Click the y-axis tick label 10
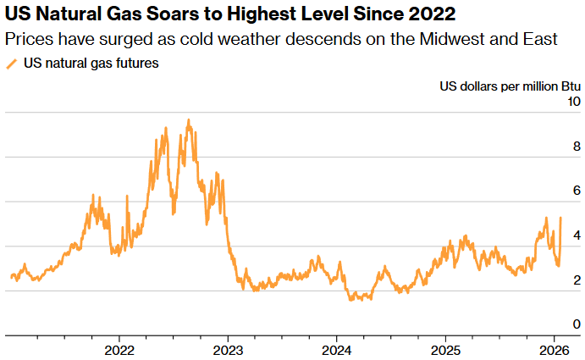[573, 102]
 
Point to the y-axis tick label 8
[577, 146]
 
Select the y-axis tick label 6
[577, 191]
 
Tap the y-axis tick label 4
[577, 235]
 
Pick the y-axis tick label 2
[577, 280]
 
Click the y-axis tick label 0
[577, 324]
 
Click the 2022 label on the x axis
[119, 350]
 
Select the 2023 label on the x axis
[228, 350]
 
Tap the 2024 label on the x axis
[337, 350]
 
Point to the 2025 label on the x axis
[445, 350]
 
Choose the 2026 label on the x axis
[554, 350]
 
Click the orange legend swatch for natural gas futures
[11, 64]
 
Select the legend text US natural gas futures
[91, 64]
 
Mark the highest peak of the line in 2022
[188, 120]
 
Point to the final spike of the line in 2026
[560, 218]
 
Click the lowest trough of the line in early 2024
[351, 299]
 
